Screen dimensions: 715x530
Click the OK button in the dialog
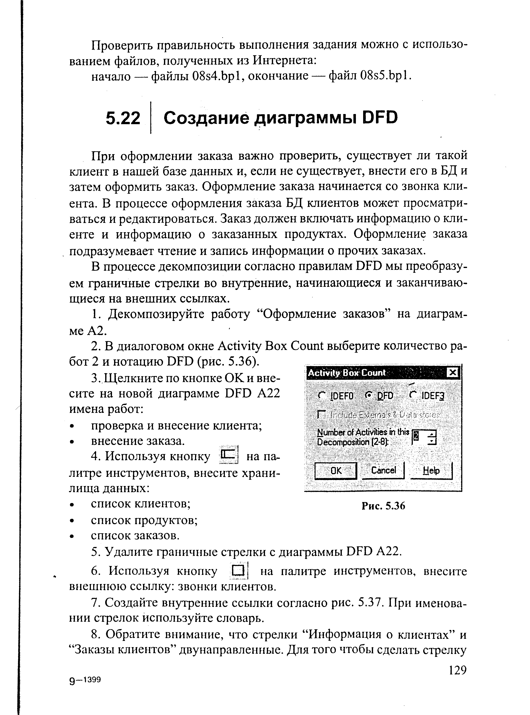(x=336, y=471)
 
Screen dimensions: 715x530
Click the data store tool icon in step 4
(x=228, y=455)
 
